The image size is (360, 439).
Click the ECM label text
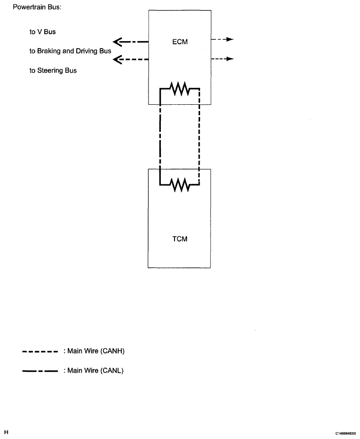(x=180, y=42)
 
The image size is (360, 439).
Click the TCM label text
(x=180, y=239)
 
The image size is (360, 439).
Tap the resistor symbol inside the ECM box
(x=181, y=88)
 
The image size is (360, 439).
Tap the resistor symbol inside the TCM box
(x=181, y=185)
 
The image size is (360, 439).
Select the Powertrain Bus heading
(x=37, y=7)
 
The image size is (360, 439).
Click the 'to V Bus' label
(x=42, y=32)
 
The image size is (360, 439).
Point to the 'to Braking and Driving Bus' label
(x=70, y=51)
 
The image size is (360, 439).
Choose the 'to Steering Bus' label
(x=53, y=70)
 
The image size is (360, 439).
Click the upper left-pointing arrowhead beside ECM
(x=117, y=42)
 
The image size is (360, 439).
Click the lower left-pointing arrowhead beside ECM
(x=117, y=59)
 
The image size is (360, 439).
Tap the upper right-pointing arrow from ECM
(x=222, y=39)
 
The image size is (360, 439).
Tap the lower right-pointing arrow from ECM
(x=222, y=59)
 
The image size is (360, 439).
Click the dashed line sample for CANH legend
(x=40, y=352)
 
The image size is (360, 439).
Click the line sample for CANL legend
(x=40, y=371)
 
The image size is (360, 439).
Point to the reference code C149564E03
(x=345, y=433)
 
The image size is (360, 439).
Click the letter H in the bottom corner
(x=6, y=432)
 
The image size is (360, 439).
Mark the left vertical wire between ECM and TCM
(x=160, y=137)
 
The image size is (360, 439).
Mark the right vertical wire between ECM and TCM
(x=199, y=137)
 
